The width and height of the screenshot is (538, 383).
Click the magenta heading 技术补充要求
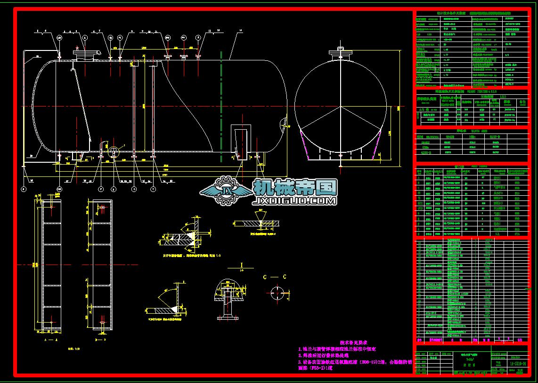(353, 343)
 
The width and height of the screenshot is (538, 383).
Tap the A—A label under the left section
(50, 339)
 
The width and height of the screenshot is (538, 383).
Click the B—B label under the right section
(100, 339)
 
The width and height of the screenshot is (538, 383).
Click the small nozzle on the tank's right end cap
(287, 123)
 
